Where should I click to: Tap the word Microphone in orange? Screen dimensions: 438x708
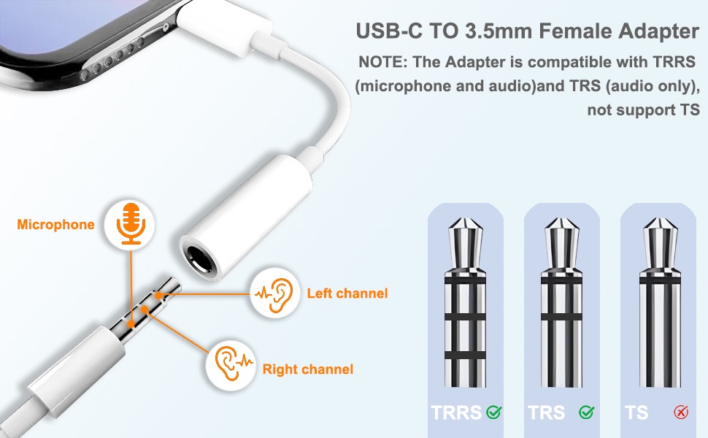click(x=55, y=224)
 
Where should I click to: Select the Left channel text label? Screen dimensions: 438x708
click(x=347, y=293)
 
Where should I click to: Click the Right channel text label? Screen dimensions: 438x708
click(x=307, y=369)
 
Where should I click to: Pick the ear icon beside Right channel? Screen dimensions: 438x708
click(x=229, y=361)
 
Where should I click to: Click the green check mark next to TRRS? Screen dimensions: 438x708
click(x=494, y=412)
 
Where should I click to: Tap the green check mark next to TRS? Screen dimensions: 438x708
click(x=586, y=412)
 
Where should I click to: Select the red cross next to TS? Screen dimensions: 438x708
click(x=681, y=412)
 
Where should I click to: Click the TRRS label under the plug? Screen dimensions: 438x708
click(x=456, y=412)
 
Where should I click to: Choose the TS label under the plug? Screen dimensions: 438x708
click(x=636, y=412)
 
